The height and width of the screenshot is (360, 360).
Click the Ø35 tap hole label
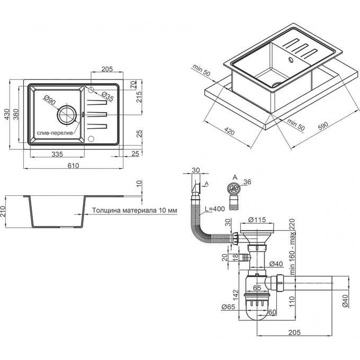(x=107, y=96)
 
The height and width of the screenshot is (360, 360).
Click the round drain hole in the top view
(x=67, y=113)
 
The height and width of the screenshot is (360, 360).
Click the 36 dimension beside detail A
(x=246, y=183)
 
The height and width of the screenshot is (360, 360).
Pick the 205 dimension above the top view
(x=107, y=69)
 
